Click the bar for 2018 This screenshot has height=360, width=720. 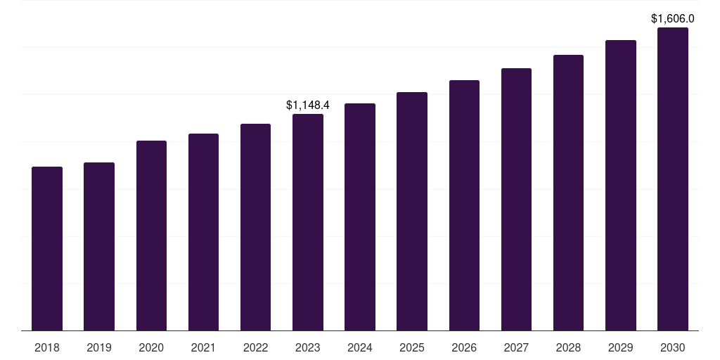click(47, 248)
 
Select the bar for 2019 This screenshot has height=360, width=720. click(99, 247)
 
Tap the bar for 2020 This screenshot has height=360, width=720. click(152, 236)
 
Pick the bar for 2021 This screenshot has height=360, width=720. click(203, 232)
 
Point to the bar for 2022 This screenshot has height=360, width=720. click(255, 227)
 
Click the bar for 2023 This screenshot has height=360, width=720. click(308, 222)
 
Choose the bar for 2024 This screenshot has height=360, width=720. click(360, 217)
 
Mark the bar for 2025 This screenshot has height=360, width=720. click(412, 211)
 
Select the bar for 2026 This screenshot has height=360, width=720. click(464, 205)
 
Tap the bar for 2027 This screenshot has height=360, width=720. click(516, 199)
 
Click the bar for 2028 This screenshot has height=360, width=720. click(568, 193)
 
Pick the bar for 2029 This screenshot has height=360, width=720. click(621, 186)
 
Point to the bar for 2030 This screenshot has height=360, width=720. click(673, 179)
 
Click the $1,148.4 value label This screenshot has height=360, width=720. click(308, 105)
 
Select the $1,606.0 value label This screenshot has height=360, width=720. click(673, 19)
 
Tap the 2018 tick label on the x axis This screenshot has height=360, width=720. click(47, 347)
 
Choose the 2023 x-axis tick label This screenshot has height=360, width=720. click(308, 347)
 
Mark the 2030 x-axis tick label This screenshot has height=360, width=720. click(673, 347)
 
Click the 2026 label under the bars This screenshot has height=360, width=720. click(464, 347)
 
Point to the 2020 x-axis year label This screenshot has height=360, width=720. click(152, 347)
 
